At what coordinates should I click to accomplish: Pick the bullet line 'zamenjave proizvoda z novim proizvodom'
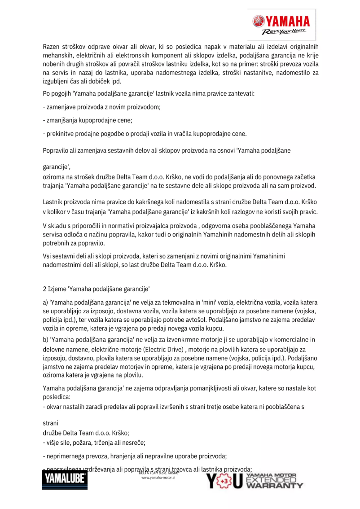click(x=101, y=107)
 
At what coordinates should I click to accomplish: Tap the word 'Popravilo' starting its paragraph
click(x=56, y=150)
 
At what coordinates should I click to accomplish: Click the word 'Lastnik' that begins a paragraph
click(x=53, y=203)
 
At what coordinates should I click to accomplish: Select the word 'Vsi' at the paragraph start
click(x=47, y=256)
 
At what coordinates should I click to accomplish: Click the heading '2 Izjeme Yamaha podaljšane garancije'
click(x=96, y=290)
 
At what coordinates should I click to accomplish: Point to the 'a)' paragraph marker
click(x=45, y=303)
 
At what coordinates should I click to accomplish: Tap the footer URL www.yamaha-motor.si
click(x=158, y=478)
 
